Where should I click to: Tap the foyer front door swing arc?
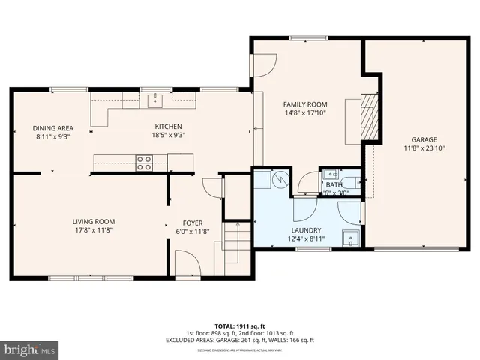point(185,262)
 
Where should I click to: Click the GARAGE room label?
point(423,139)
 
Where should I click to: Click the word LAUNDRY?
point(306,230)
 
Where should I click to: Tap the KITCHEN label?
point(168,127)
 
